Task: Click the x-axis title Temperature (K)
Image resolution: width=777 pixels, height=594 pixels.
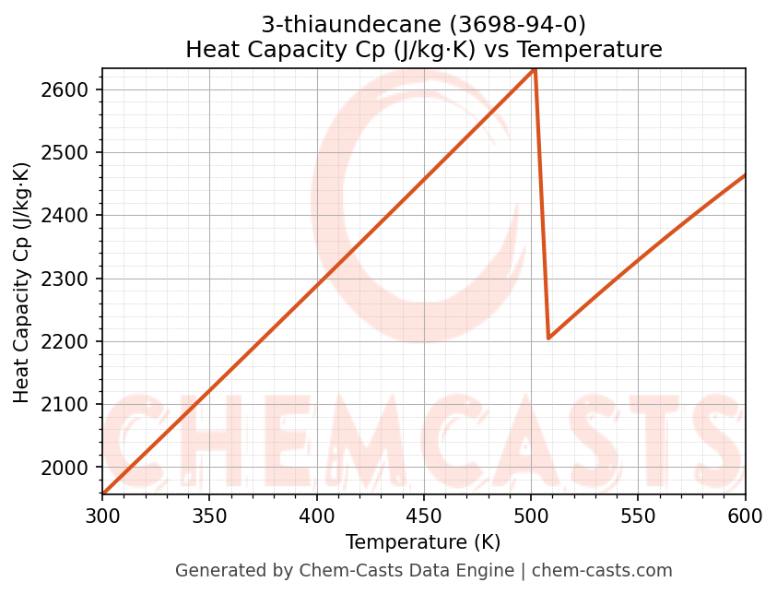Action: coord(423,542)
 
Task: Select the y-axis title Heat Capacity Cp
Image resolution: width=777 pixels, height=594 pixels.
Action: coord(22,282)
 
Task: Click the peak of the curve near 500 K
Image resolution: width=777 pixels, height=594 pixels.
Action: coord(535,69)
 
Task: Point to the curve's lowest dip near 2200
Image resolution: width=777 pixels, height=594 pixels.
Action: coord(548,338)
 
